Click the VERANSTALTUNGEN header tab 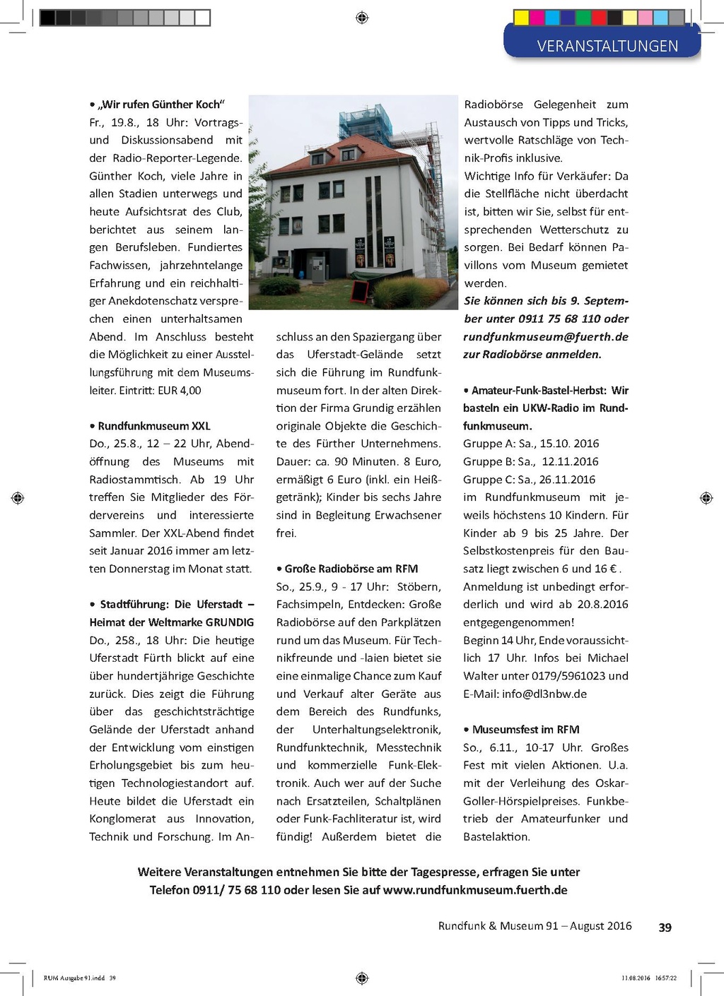coord(607,46)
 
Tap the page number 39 coord(665,927)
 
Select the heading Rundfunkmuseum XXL coord(153,426)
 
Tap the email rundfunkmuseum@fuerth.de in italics coord(546,337)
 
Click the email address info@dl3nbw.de coord(544,694)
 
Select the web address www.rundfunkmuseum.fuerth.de coord(475,890)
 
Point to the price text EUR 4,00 coord(179,391)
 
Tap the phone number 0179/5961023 coord(554,676)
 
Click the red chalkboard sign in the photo coord(360,290)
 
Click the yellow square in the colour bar coord(521,17)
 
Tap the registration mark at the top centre coord(362,18)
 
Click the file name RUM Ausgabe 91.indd coord(74,978)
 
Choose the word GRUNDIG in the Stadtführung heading coord(230,622)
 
